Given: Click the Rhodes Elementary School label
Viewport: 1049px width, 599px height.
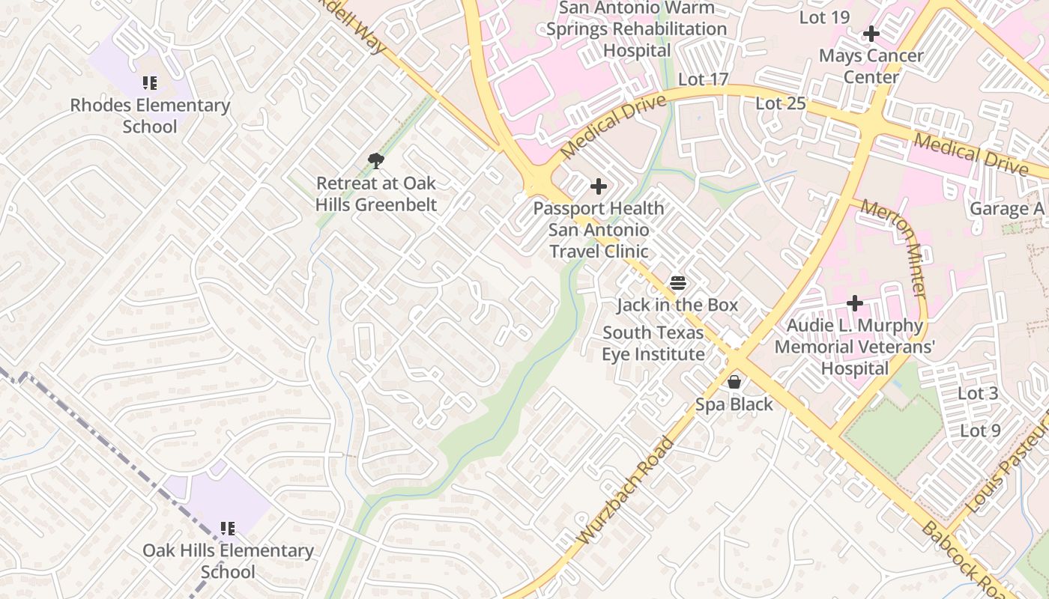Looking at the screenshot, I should [x=150, y=116].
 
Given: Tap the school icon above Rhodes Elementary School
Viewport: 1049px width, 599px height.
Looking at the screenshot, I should [x=150, y=82].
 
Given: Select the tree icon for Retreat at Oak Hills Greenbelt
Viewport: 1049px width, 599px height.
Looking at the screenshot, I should [x=376, y=160].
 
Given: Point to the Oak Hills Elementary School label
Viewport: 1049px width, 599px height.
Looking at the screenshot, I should [x=228, y=561].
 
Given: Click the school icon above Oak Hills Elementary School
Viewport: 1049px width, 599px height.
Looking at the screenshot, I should [x=228, y=529].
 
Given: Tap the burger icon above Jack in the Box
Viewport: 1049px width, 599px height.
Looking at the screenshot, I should [x=678, y=283].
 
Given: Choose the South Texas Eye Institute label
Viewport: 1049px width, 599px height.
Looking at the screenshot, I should [x=653, y=343].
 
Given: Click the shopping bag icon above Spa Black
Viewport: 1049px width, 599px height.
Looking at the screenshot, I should [x=734, y=382].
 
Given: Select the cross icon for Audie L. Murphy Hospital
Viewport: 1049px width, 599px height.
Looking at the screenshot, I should [x=855, y=303].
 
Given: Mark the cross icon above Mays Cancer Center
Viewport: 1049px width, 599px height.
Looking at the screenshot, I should [x=871, y=34].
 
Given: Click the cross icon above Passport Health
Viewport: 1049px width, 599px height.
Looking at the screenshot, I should [x=599, y=186].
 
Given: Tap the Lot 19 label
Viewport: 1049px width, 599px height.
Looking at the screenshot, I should [x=824, y=17].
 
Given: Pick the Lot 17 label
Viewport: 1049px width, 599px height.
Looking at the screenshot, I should [x=703, y=79].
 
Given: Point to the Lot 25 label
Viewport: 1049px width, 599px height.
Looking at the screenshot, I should [x=780, y=103].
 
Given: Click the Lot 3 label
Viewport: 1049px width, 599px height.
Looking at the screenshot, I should [x=979, y=393].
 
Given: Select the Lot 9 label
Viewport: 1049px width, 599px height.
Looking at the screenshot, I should [x=980, y=431].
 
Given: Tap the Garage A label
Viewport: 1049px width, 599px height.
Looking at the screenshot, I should [x=1007, y=209].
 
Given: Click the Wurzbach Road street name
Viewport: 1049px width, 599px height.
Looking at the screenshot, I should [x=626, y=491].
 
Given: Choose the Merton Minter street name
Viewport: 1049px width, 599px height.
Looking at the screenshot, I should [x=895, y=247].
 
